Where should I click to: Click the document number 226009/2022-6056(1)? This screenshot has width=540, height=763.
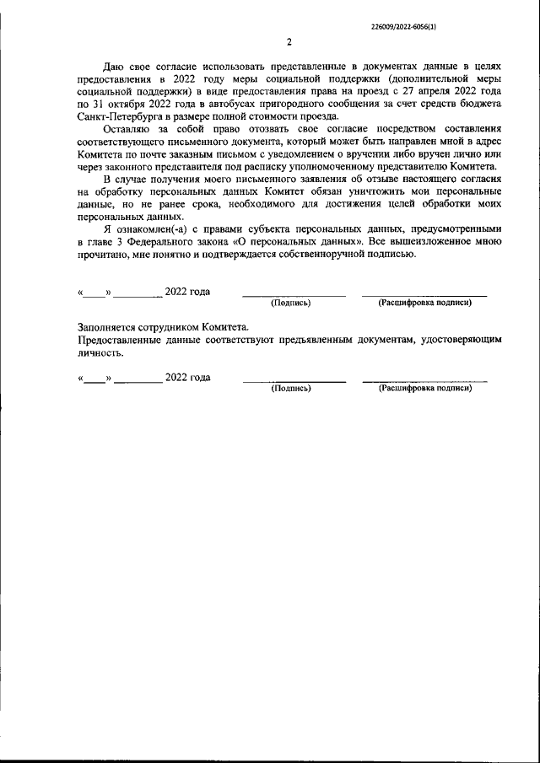point(403,27)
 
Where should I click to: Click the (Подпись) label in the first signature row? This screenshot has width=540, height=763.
point(290,303)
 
